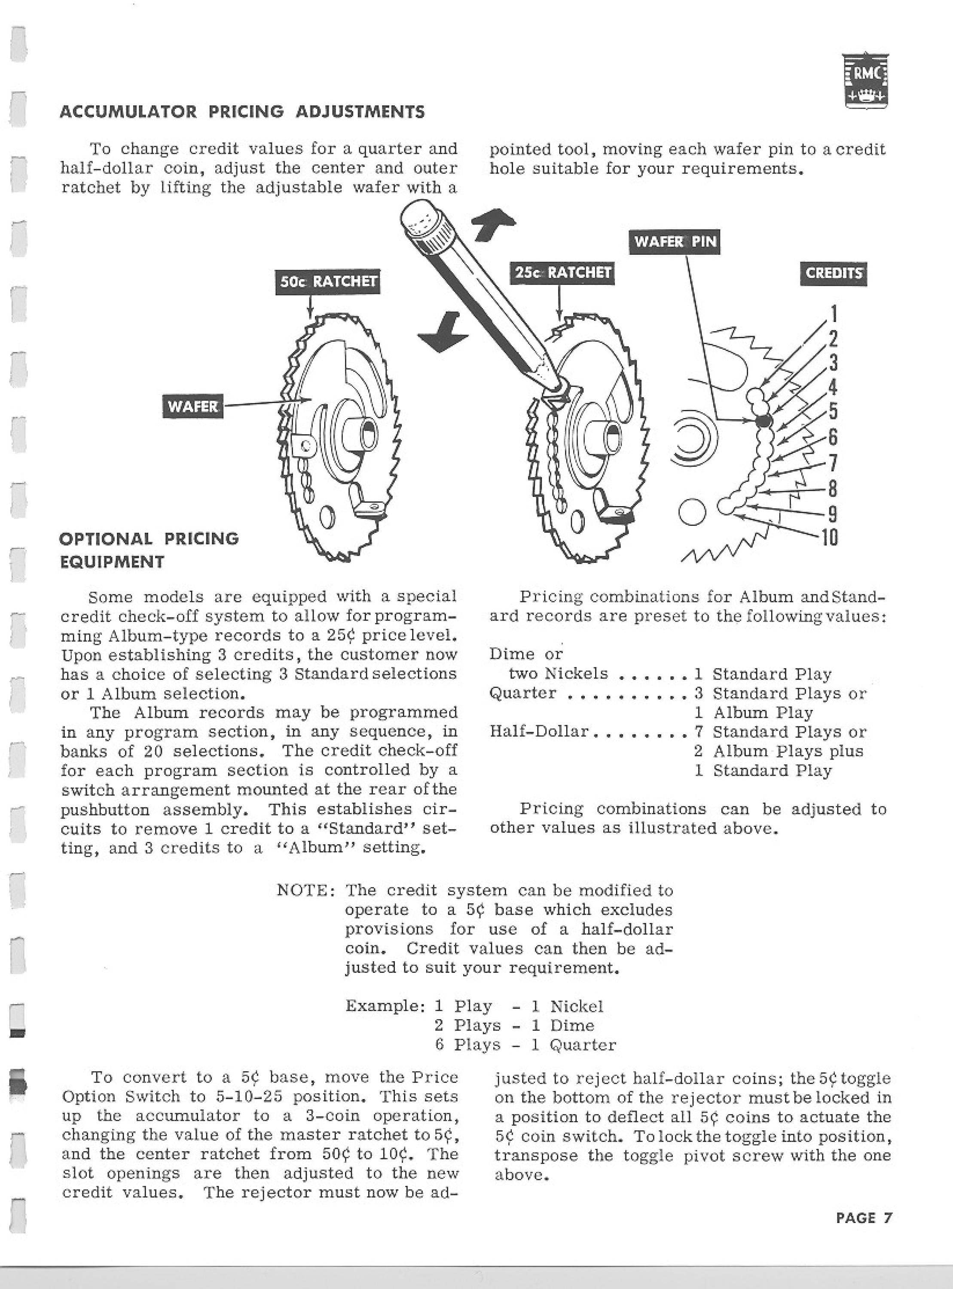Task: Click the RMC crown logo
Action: click(865, 80)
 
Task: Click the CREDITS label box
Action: click(834, 273)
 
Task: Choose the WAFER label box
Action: click(192, 406)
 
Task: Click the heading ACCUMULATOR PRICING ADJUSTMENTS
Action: click(243, 111)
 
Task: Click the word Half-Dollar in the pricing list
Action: click(539, 731)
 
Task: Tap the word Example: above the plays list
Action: click(385, 1006)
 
